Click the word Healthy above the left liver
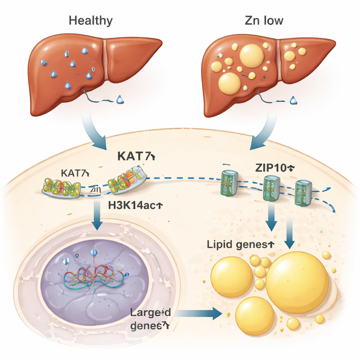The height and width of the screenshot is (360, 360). (x=91, y=20)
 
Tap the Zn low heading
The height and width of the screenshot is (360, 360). (x=264, y=20)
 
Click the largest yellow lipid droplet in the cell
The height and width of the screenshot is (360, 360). (x=297, y=282)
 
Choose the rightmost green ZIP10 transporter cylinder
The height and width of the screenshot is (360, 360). (x=303, y=193)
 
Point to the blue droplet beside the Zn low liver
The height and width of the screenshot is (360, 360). (x=293, y=101)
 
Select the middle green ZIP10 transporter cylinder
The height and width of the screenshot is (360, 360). (x=271, y=188)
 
